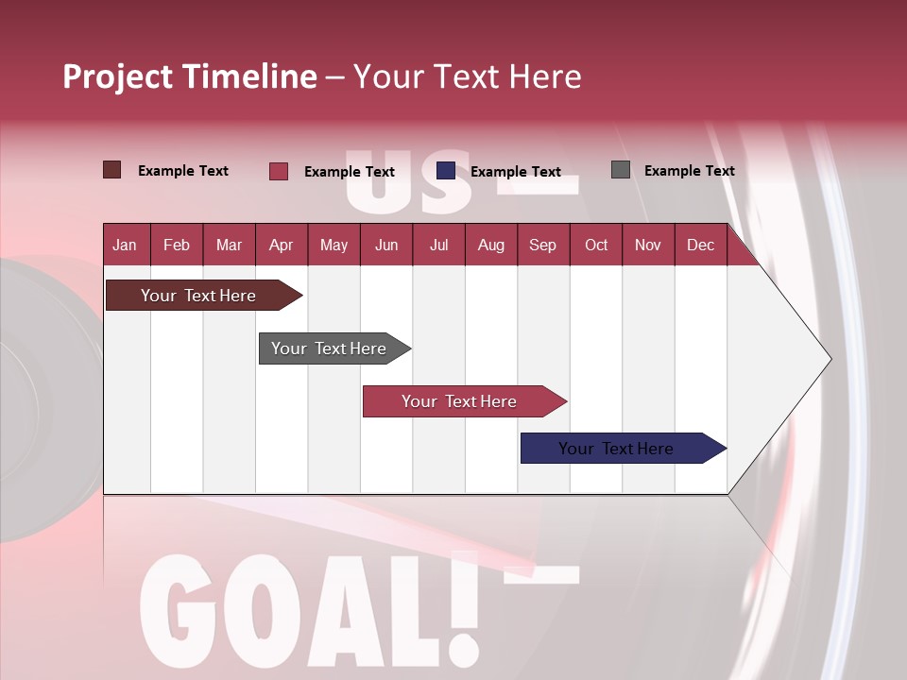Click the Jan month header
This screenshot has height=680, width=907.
[x=125, y=246]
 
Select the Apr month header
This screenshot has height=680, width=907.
[x=281, y=246]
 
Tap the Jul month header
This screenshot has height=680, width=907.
[x=438, y=246]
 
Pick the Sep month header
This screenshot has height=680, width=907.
[x=542, y=246]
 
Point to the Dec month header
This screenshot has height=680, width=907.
[x=700, y=246]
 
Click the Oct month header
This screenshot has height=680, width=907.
[x=596, y=246]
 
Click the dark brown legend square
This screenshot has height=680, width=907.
[x=111, y=170]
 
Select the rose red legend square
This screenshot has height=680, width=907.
[x=279, y=171]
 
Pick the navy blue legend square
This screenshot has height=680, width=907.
[x=446, y=171]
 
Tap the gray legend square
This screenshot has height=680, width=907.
[x=621, y=170]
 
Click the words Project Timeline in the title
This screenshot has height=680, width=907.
[x=189, y=76]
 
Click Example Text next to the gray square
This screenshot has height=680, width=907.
[x=689, y=171]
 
